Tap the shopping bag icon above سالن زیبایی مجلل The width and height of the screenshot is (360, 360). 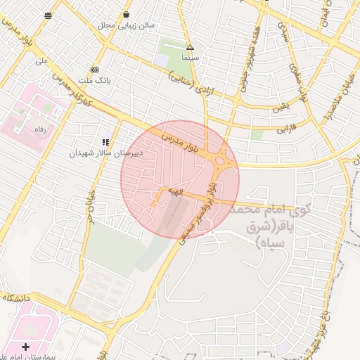click(126, 14)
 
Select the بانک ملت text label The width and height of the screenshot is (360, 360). click(95, 80)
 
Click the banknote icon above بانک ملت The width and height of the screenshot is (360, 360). click(95, 70)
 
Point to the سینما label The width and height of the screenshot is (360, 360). click(190, 57)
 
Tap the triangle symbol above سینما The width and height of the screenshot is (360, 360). click(190, 47)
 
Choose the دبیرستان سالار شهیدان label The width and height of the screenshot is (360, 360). click(106, 152)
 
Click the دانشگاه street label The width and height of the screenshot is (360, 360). click(17, 297)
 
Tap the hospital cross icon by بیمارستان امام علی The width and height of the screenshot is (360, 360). click(26, 347)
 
